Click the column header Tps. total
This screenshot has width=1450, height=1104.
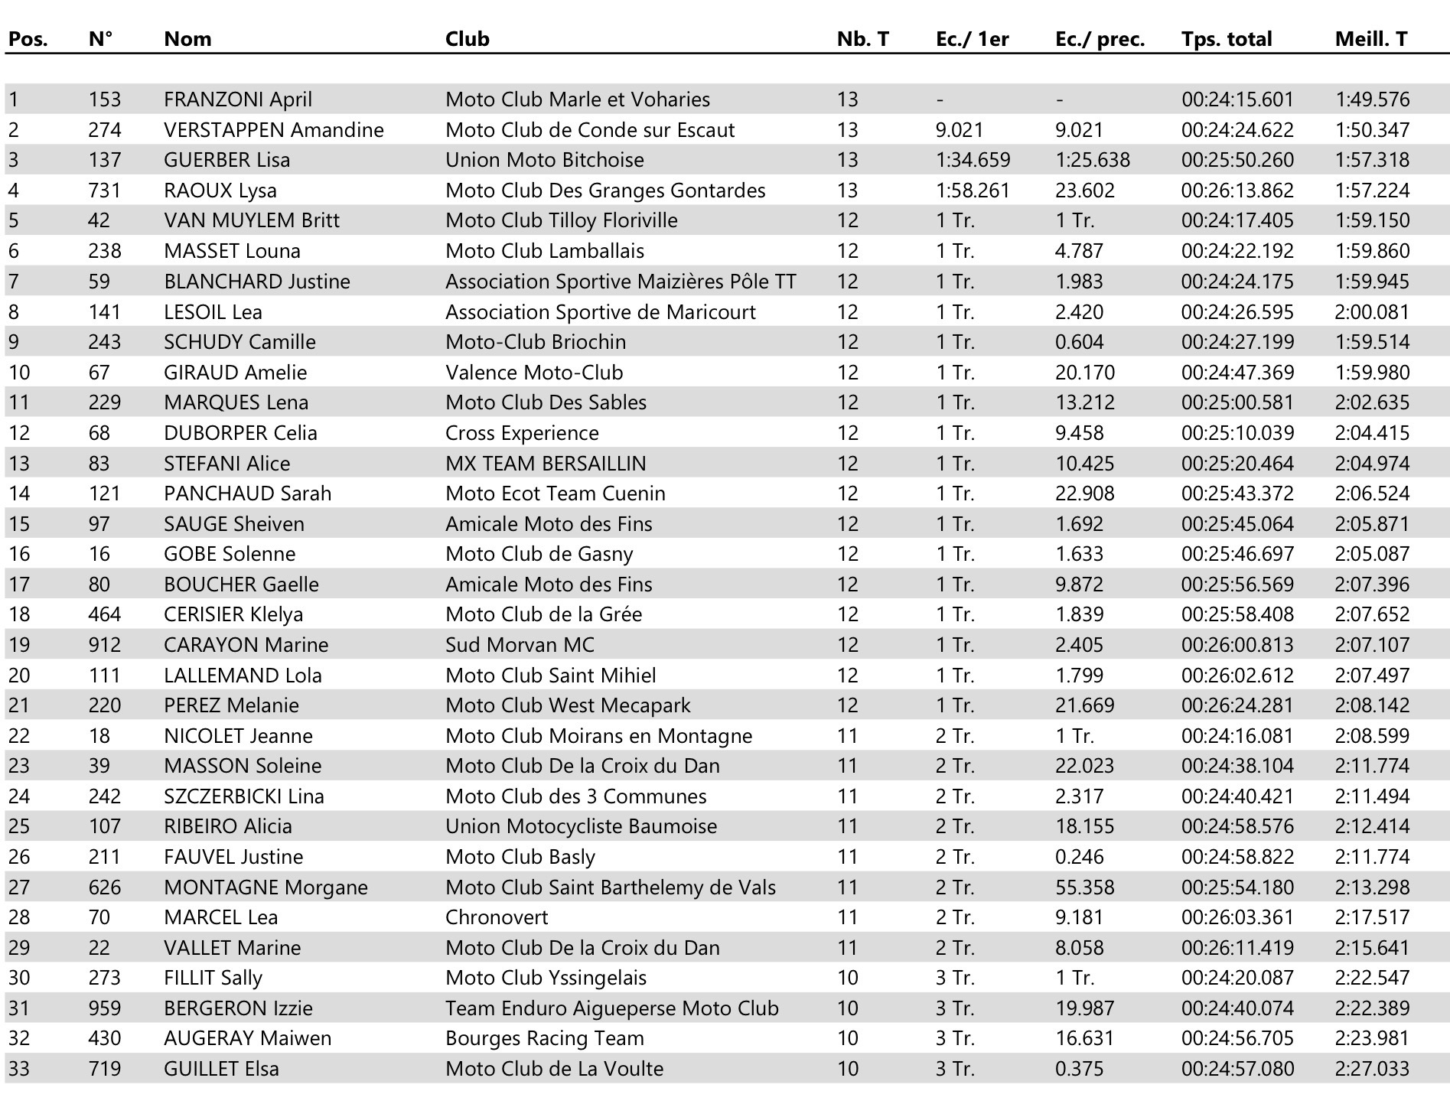pyautogui.click(x=1226, y=39)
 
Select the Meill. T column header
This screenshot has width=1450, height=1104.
pyautogui.click(x=1370, y=39)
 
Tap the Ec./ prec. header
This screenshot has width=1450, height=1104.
pyautogui.click(x=1100, y=39)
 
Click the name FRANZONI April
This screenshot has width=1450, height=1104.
pyautogui.click(x=237, y=99)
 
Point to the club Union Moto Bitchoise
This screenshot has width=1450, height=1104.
pyautogui.click(x=544, y=160)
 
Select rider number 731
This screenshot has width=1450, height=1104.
pyautogui.click(x=104, y=191)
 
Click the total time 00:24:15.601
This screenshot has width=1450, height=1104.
pyautogui.click(x=1237, y=99)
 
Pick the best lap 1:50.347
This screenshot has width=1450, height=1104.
pyautogui.click(x=1372, y=130)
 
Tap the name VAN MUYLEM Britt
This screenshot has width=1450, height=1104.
pyautogui.click(x=251, y=220)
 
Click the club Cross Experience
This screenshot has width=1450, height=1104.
pyautogui.click(x=522, y=433)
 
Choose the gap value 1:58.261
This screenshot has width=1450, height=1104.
pyautogui.click(x=973, y=191)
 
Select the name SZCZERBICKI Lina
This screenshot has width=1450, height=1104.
pyautogui.click(x=243, y=796)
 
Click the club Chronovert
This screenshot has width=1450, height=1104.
pyautogui.click(x=497, y=917)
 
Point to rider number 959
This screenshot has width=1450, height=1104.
pyautogui.click(x=104, y=1008)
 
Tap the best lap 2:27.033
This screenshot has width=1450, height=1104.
pyautogui.click(x=1372, y=1069)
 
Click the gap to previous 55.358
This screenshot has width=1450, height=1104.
pyautogui.click(x=1084, y=887)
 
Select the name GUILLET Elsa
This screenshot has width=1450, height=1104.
pyautogui.click(x=221, y=1069)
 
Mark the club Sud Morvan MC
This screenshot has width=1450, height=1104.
pyautogui.click(x=520, y=645)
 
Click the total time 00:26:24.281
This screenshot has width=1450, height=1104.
pyautogui.click(x=1237, y=705)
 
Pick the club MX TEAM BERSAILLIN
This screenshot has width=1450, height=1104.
pyautogui.click(x=546, y=464)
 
